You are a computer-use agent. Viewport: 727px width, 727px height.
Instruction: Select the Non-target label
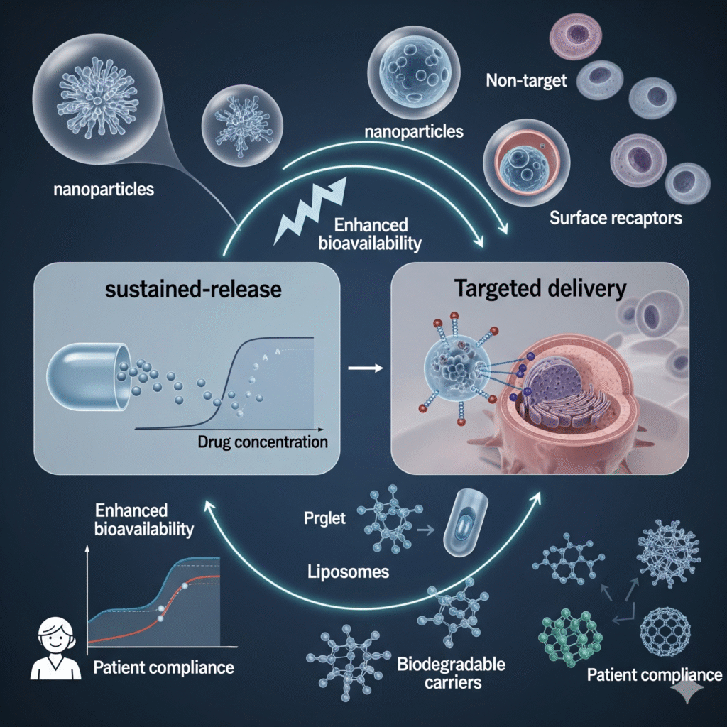click(526, 80)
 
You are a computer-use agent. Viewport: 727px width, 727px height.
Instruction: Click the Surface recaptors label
click(616, 217)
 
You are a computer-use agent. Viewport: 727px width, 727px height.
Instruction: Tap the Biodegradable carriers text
click(451, 674)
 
